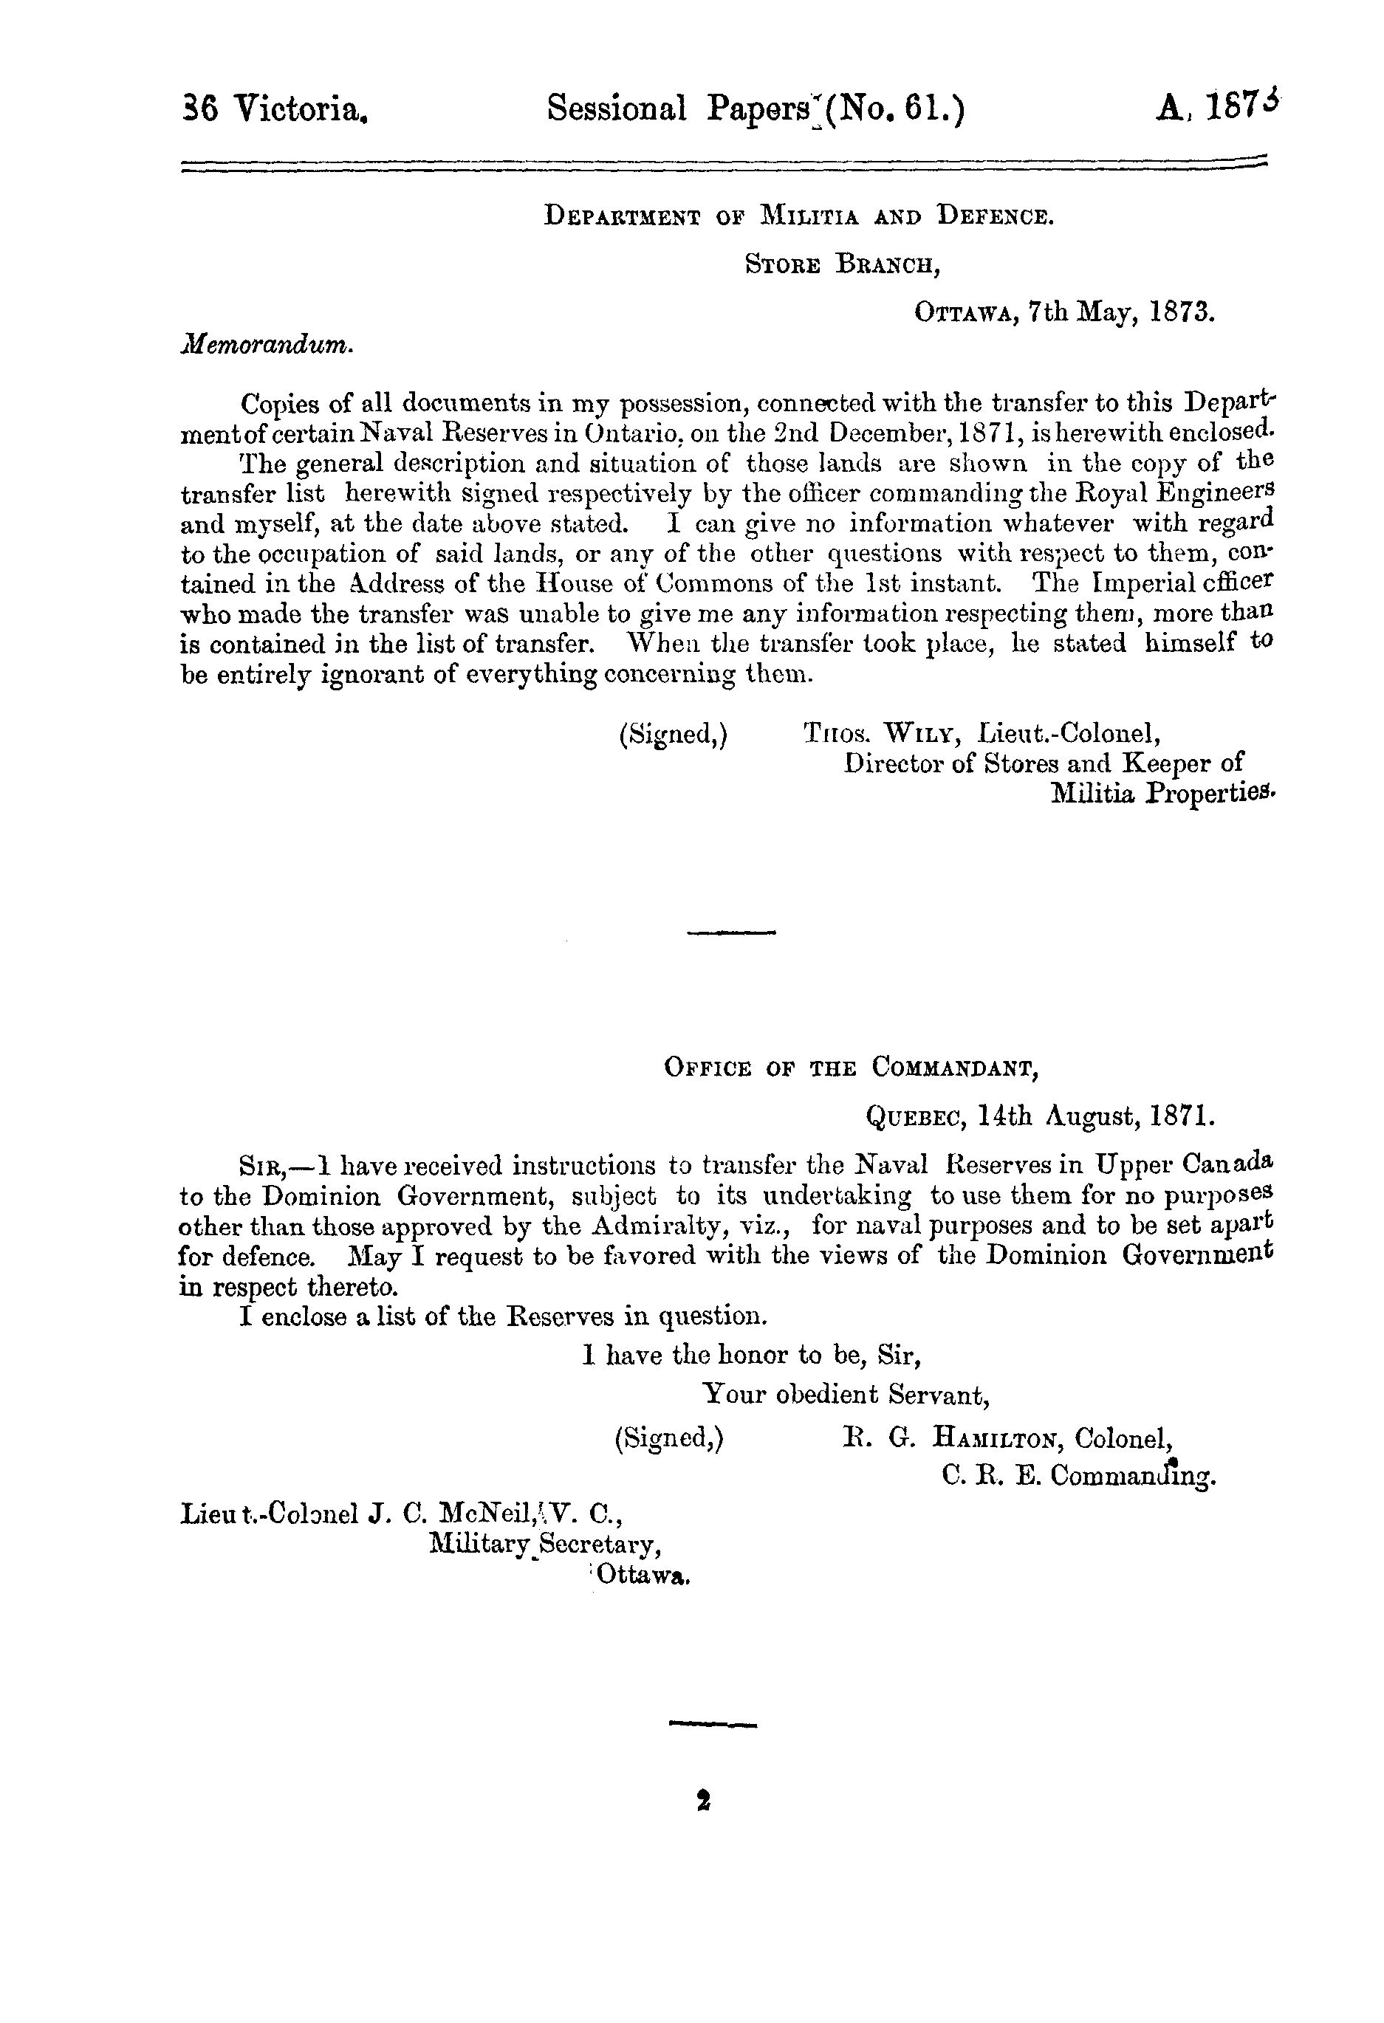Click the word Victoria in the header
click(x=301, y=111)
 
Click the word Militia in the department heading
click(x=810, y=215)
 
